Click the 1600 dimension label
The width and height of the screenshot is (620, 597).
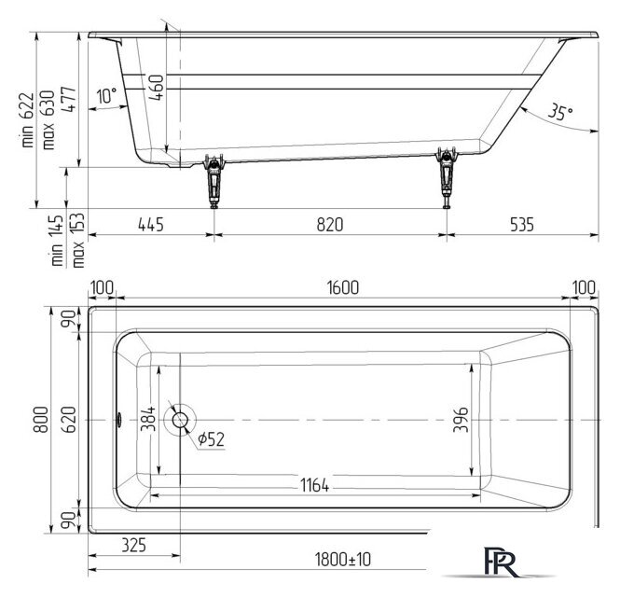point(343,287)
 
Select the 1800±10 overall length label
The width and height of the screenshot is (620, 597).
point(343,560)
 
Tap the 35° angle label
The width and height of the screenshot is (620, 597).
point(560,112)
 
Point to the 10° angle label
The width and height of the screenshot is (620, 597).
point(107,95)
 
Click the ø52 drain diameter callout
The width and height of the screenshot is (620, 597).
point(211,438)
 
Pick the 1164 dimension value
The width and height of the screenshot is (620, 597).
point(314,485)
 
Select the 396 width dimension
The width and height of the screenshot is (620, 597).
point(462,420)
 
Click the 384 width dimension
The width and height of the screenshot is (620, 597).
point(148,418)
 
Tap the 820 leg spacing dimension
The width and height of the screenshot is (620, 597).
point(330,224)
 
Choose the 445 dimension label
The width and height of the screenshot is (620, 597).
point(151,224)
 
